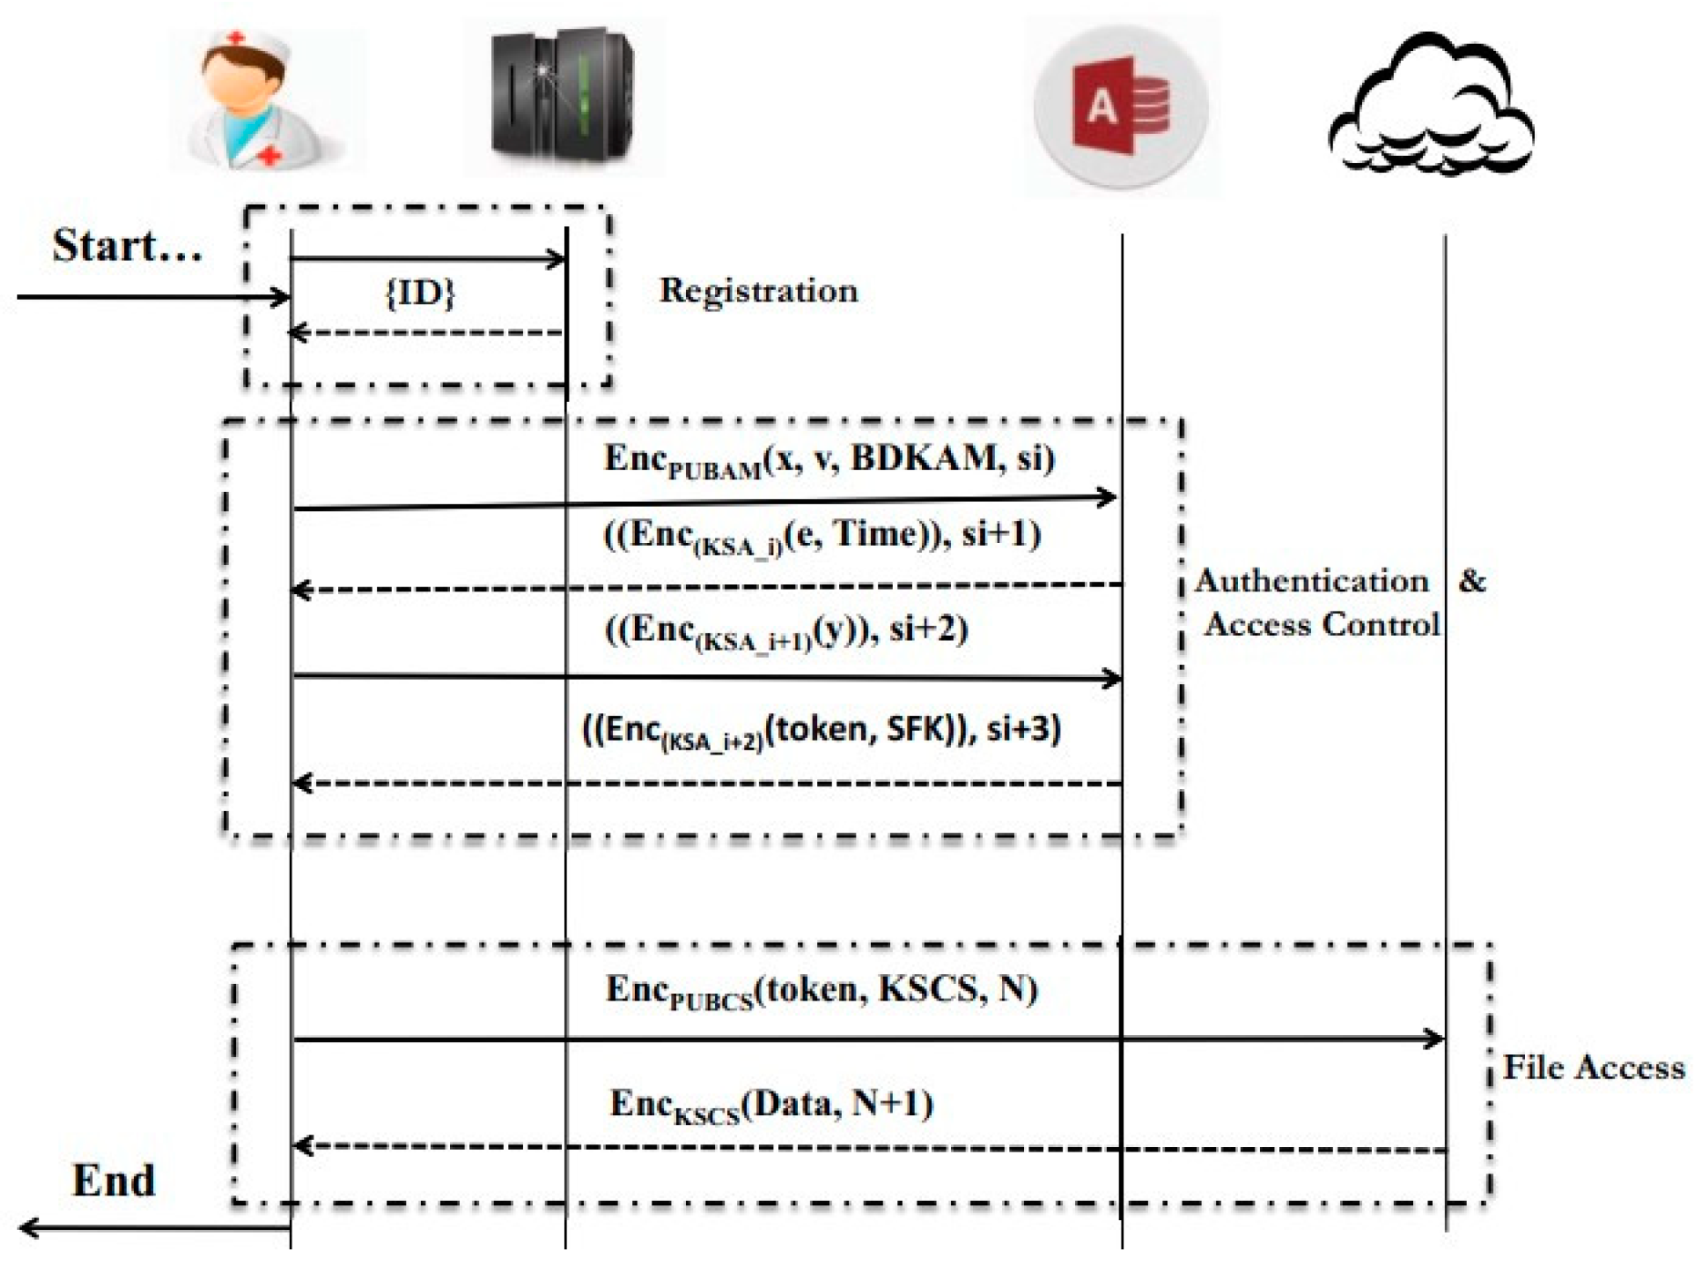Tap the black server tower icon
pyautogui.click(x=562, y=96)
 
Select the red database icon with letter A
pyautogui.click(x=1121, y=108)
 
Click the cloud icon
pyautogui.click(x=1431, y=108)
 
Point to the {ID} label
pyautogui.click(x=420, y=293)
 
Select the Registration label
pyautogui.click(x=758, y=291)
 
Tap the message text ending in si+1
pyautogui.click(x=823, y=536)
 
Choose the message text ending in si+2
pyautogui.click(x=786, y=630)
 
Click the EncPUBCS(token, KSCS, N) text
pyautogui.click(x=822, y=990)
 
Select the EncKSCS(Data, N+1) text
pyautogui.click(x=772, y=1105)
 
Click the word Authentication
pyautogui.click(x=1312, y=581)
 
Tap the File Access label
pyautogui.click(x=1593, y=1068)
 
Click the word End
pyautogui.click(x=114, y=1181)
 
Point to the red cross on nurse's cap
pyautogui.click(x=237, y=39)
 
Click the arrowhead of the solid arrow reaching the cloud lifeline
pyautogui.click(x=1436, y=1039)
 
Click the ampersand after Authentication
pyautogui.click(x=1472, y=581)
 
